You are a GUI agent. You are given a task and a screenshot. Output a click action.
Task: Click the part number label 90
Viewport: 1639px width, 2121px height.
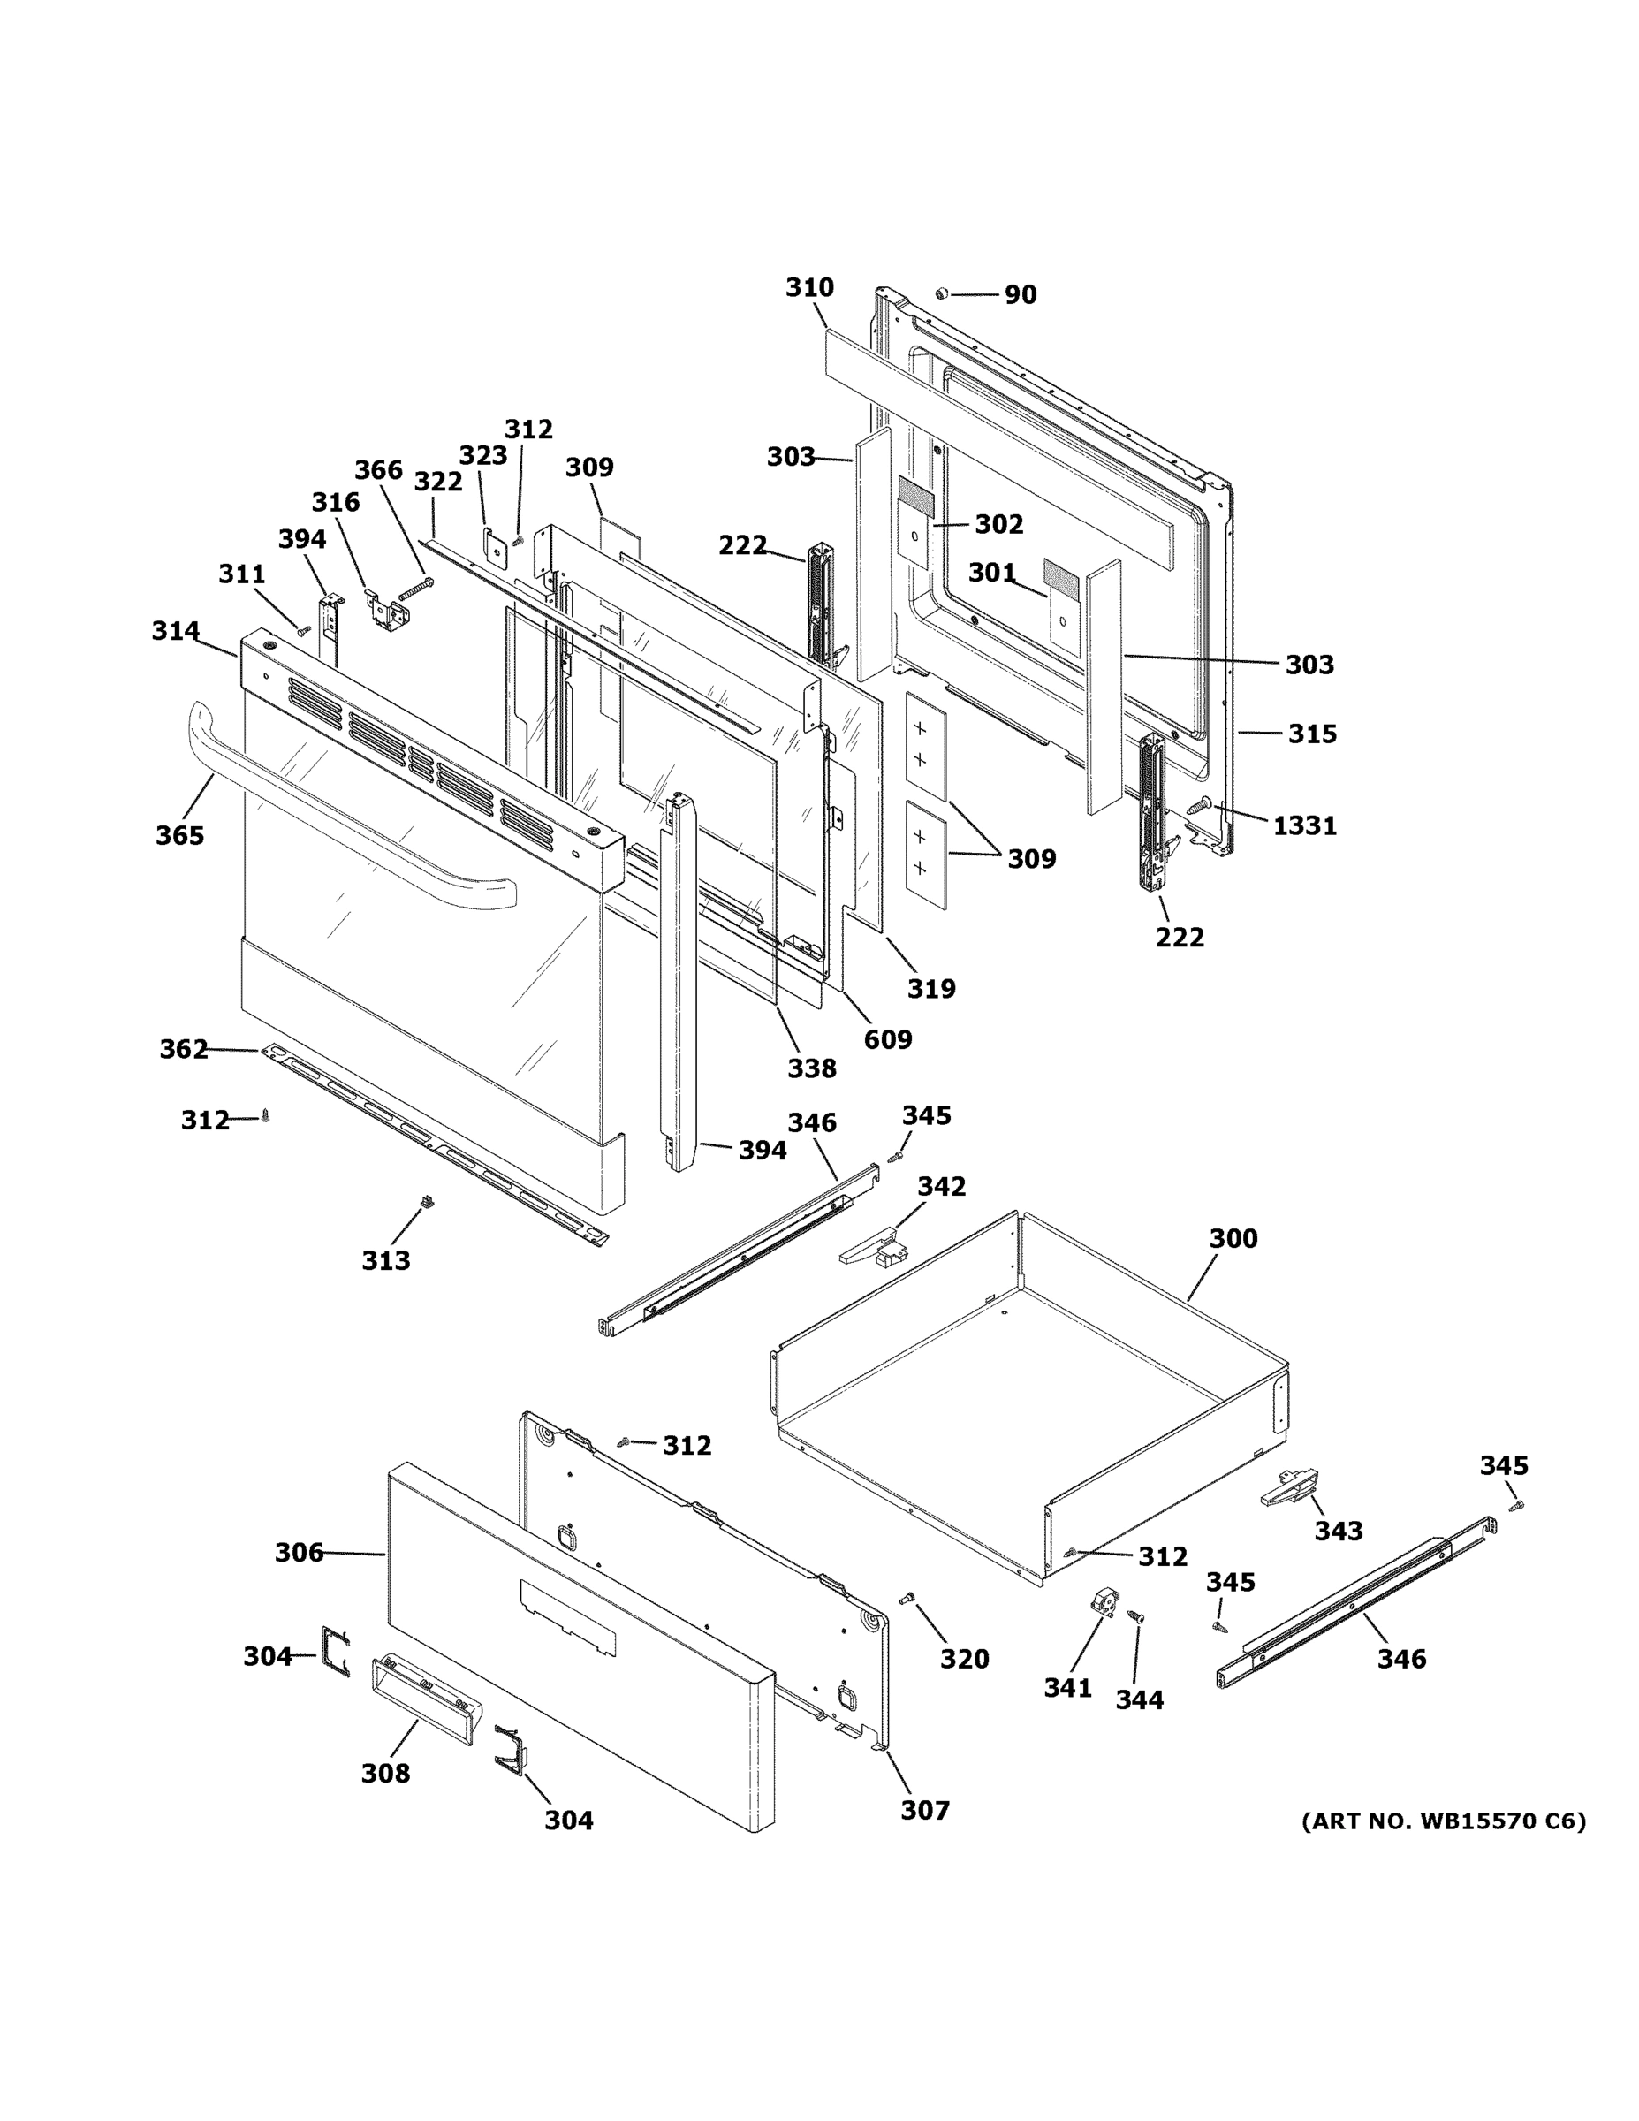[x=1020, y=294]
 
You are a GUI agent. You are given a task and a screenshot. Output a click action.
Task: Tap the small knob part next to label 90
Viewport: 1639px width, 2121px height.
[x=941, y=293]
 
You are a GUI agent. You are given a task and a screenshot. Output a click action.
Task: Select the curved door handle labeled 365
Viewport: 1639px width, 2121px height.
[x=340, y=816]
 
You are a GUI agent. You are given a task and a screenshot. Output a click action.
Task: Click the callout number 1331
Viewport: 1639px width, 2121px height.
[x=1304, y=825]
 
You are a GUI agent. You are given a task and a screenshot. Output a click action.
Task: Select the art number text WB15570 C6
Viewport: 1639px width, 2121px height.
[x=1443, y=1821]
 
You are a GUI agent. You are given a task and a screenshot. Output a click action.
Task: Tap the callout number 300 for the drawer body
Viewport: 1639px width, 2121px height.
[x=1233, y=1238]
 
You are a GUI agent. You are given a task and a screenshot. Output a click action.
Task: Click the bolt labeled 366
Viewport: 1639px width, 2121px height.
[x=414, y=589]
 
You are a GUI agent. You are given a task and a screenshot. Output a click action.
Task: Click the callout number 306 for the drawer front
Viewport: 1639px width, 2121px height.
[x=298, y=1553]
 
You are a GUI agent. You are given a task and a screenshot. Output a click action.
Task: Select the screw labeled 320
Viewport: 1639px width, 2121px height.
[x=907, y=1599]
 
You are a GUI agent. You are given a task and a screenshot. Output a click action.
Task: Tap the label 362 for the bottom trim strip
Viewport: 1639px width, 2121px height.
[x=184, y=1049]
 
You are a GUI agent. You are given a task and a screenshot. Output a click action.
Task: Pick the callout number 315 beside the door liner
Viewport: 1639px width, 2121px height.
[x=1312, y=734]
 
